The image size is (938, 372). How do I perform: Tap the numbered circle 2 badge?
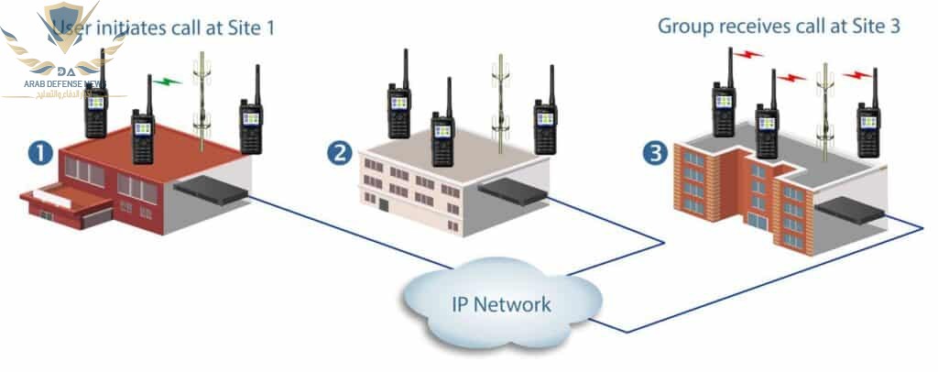tap(340, 153)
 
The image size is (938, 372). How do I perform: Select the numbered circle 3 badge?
tap(654, 153)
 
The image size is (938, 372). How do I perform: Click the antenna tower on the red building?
tap(202, 96)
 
